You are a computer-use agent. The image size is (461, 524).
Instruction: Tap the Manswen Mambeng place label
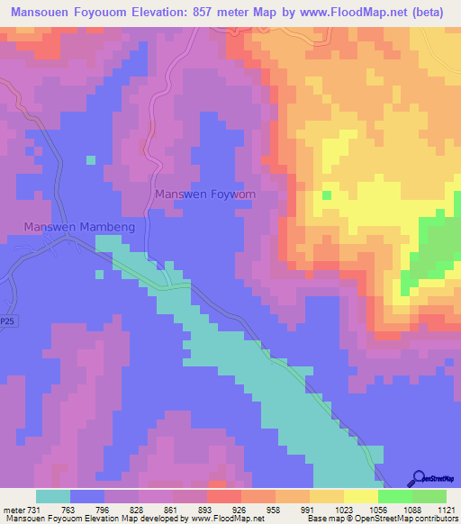pyautogui.click(x=79, y=227)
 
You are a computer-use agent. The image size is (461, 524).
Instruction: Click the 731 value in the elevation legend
pyautogui.click(x=35, y=509)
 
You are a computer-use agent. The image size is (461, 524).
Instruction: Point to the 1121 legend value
pyautogui.click(x=446, y=509)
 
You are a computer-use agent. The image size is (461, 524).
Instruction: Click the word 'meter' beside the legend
pyautogui.click(x=13, y=509)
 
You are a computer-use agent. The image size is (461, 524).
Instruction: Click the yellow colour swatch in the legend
pyautogui.click(x=360, y=496)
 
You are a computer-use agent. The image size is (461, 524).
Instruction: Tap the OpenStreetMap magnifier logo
pyautogui.click(x=418, y=478)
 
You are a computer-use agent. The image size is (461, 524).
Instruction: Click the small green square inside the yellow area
pyautogui.click(x=326, y=194)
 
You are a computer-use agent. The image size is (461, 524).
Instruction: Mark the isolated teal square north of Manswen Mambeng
pyautogui.click(x=90, y=160)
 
